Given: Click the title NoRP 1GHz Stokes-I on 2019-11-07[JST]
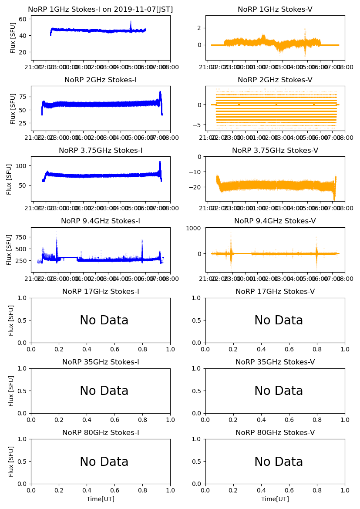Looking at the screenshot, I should (101, 10).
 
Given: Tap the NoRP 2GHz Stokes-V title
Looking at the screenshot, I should (275, 80).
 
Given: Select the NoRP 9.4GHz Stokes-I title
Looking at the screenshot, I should (101, 221).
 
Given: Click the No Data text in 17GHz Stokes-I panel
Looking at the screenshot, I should (104, 320).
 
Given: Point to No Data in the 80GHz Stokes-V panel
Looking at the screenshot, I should (279, 462).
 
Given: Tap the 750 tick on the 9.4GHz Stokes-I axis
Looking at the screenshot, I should (21, 237).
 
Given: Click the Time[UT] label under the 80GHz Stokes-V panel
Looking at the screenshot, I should (275, 499).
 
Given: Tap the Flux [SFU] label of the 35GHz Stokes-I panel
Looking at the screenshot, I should (12, 391).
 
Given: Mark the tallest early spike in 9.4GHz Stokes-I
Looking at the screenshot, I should (56, 233).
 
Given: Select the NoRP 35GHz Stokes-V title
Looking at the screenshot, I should (275, 362).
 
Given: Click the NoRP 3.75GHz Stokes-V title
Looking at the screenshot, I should (275, 151).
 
